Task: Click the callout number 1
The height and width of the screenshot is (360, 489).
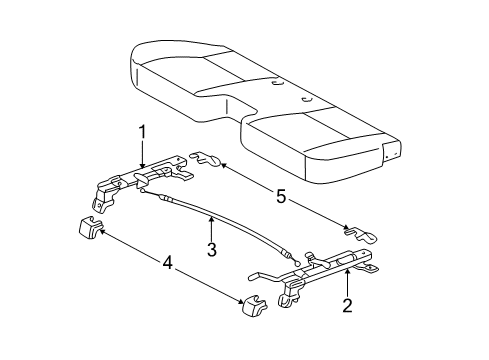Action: pyautogui.click(x=142, y=131)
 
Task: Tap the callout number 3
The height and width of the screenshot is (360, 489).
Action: pyautogui.click(x=212, y=251)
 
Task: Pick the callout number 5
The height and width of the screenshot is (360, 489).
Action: pyautogui.click(x=281, y=198)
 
